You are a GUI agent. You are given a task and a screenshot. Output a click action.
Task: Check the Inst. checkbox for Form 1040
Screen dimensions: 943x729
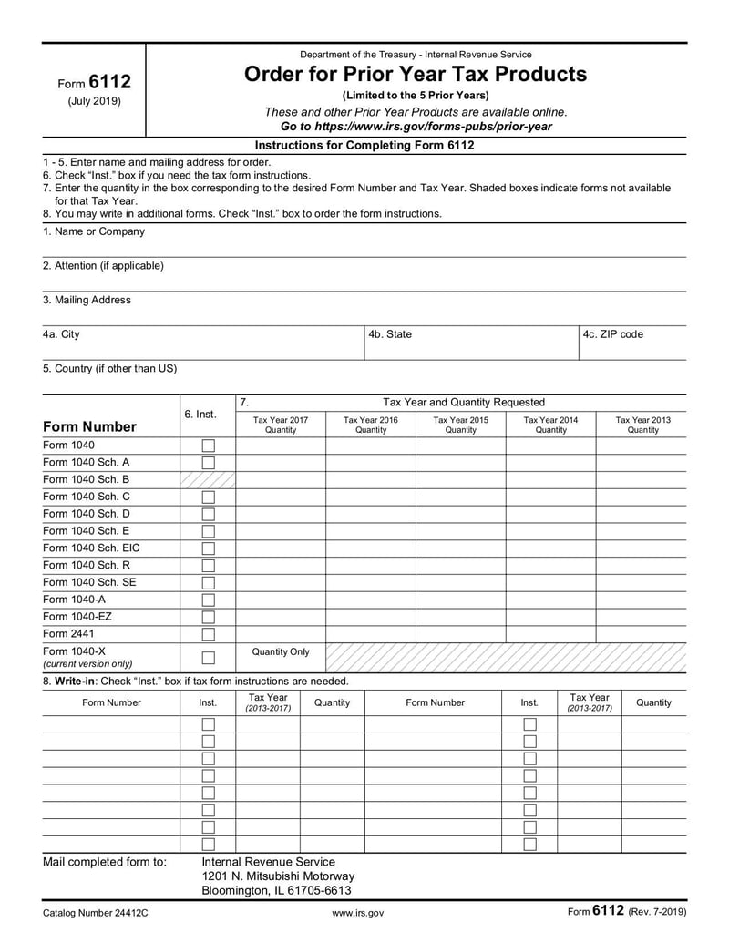tap(208, 446)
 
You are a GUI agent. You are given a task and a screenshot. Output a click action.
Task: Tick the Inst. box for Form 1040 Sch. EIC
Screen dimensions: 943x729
tap(208, 548)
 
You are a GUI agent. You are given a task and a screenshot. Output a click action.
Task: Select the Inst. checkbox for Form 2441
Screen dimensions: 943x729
tap(208, 634)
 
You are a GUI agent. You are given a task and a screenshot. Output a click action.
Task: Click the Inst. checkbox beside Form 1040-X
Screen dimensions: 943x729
tap(208, 658)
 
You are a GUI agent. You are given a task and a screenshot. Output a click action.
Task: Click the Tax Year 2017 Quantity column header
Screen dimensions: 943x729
tap(280, 425)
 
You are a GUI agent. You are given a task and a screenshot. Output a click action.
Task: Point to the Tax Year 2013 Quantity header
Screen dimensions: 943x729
tap(642, 425)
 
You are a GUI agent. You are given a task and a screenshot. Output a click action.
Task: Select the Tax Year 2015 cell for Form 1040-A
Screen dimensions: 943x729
tap(460, 600)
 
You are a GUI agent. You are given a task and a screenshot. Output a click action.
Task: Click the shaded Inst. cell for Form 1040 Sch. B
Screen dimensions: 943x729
tap(208, 480)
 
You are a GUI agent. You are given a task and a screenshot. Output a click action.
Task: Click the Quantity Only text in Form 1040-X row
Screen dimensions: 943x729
tap(280, 652)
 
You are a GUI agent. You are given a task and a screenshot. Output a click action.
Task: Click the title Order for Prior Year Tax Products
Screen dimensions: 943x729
tap(416, 74)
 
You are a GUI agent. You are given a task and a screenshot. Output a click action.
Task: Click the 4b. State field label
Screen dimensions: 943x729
tap(390, 334)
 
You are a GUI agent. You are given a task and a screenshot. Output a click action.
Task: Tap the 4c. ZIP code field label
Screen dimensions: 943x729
tap(612, 334)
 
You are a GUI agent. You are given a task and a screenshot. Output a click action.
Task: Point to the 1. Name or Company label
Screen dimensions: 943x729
tap(93, 231)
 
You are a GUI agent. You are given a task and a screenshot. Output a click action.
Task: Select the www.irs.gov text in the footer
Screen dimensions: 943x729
tap(358, 911)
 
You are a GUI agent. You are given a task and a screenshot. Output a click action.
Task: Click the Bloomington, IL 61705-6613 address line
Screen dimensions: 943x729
tap(276, 890)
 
